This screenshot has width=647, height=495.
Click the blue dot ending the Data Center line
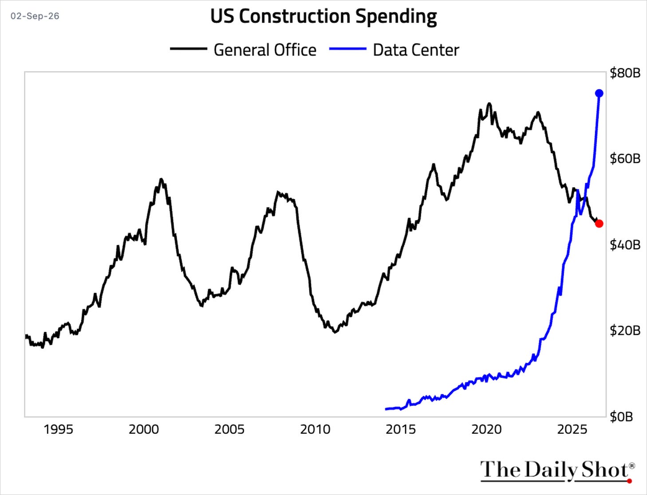599,94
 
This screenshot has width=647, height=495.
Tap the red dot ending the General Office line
599,224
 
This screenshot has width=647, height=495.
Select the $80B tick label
625,73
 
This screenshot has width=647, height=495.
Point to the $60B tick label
625,159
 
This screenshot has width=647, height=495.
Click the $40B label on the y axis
625,245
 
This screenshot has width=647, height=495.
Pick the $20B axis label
625,331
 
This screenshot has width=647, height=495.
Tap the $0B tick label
621,417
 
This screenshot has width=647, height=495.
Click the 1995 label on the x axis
59,430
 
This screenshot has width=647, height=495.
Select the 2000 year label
144,430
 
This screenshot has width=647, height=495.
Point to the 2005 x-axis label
229,430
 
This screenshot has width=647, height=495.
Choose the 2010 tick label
316,430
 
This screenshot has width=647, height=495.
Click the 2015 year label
401,430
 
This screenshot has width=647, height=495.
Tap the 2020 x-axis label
487,430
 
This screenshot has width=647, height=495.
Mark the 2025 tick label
572,430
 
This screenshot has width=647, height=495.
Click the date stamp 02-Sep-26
35,16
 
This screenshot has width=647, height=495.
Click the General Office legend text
265,50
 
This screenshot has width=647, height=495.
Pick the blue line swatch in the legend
348,49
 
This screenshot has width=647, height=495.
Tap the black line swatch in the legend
189,49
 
